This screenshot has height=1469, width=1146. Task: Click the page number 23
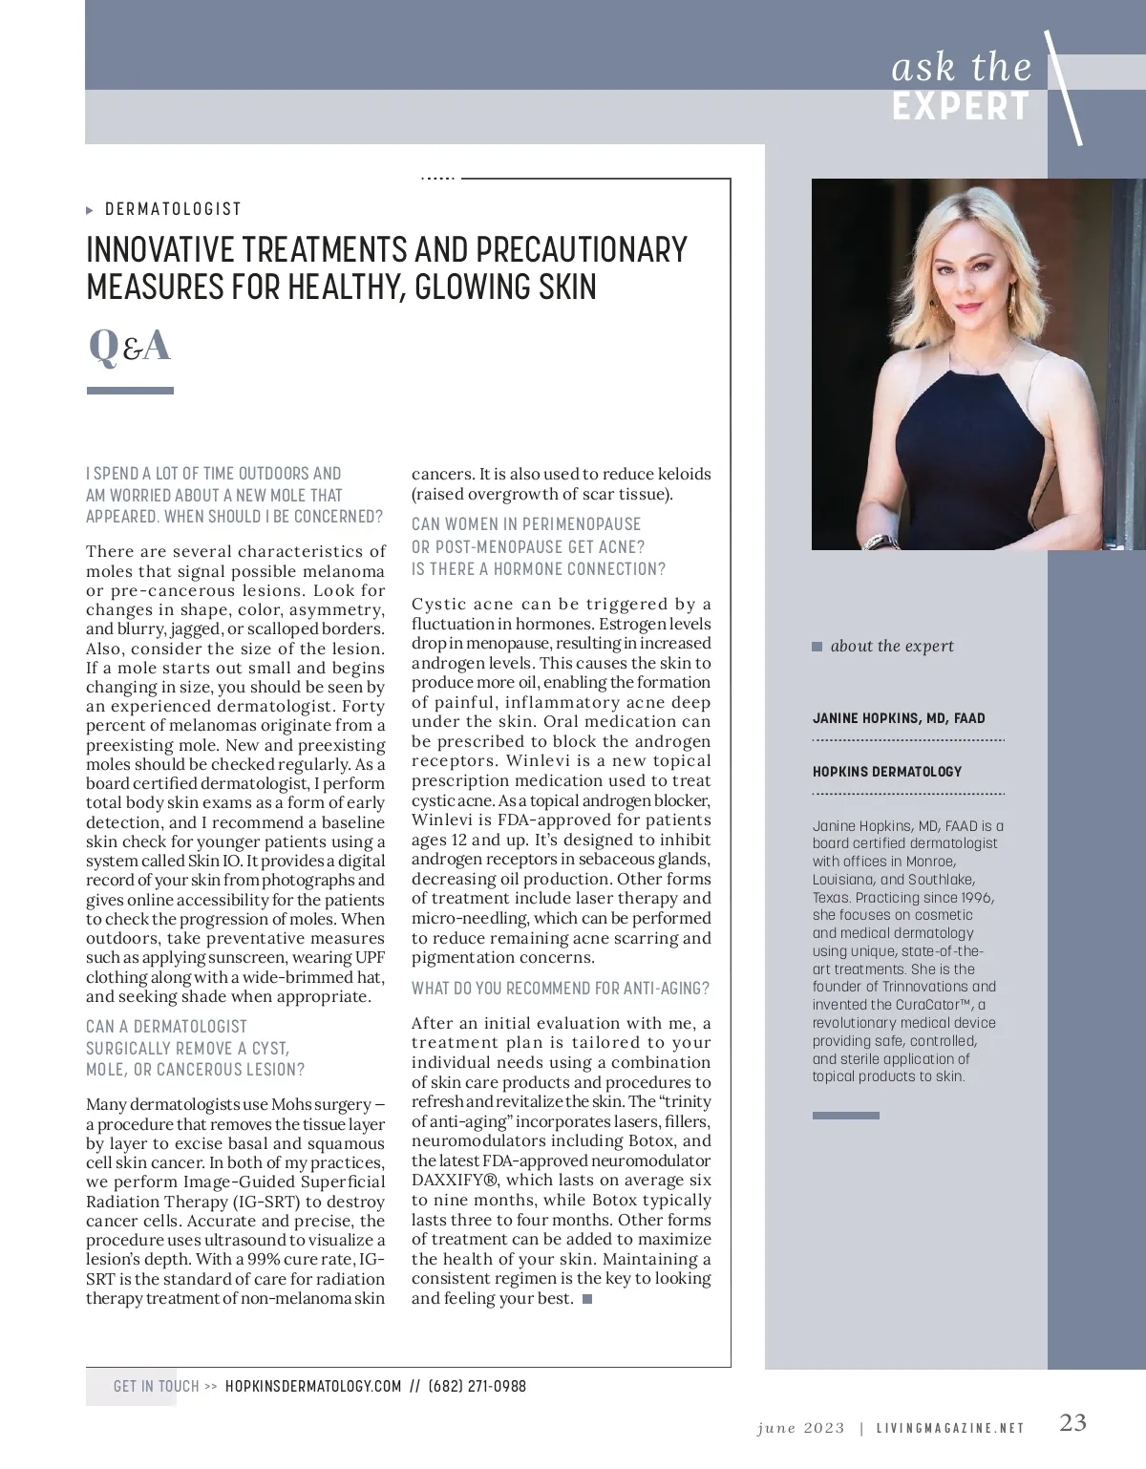click(1072, 1423)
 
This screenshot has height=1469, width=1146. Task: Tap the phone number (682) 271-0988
click(477, 1386)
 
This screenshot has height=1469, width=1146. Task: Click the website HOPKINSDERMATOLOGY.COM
click(313, 1386)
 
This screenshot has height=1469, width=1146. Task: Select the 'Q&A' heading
click(129, 346)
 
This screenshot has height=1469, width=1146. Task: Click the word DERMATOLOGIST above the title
click(173, 209)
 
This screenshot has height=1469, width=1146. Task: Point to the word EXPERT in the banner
click(961, 107)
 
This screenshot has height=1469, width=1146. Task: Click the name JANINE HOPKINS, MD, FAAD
click(899, 718)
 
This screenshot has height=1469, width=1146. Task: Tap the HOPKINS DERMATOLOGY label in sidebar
click(887, 772)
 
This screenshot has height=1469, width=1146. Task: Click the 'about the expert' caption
click(892, 647)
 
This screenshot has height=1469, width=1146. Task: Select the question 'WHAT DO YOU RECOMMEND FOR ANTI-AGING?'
click(561, 989)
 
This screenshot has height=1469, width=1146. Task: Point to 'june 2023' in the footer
click(800, 1428)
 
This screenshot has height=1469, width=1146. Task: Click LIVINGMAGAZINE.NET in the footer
click(950, 1428)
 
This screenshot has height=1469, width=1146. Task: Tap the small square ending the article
click(586, 1299)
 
